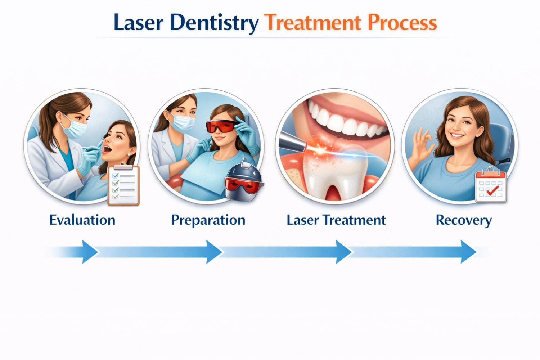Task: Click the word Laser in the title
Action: [x=138, y=22]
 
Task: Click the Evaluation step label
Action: [x=82, y=220]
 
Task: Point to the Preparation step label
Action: [x=208, y=220]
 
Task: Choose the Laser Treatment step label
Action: [x=336, y=220]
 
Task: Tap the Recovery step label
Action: [x=464, y=220]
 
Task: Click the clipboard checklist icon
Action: [x=123, y=185]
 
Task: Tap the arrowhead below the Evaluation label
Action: [x=89, y=252]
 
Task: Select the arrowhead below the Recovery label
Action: [x=468, y=252]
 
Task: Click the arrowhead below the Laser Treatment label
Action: [x=343, y=252]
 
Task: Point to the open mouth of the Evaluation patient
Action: [x=107, y=148]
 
